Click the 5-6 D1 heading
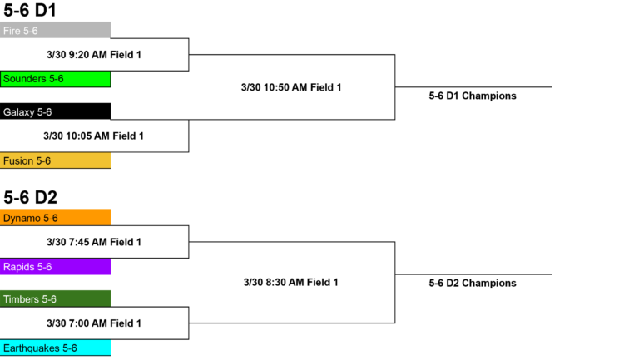coord(30,10)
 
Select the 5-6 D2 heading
coord(30,198)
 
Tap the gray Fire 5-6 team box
coord(55,30)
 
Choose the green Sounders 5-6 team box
coord(55,79)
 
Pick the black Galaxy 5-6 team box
coord(55,111)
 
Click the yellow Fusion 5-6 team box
coord(55,160)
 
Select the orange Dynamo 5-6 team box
coord(55,218)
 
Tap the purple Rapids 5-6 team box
coord(55,266)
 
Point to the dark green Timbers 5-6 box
coord(55,298)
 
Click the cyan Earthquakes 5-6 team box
coord(55,348)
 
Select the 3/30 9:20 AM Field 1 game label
coord(94,55)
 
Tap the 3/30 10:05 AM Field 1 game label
coord(94,136)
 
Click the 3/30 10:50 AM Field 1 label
coord(291,87)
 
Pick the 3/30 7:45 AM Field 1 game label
coord(94,242)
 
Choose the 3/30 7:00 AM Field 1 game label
coord(94,323)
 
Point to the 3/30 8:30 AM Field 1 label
coord(291,282)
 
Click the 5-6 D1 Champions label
coord(473,96)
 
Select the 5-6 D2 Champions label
coord(473,283)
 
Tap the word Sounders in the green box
coord(24,79)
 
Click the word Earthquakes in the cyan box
coord(31,348)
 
